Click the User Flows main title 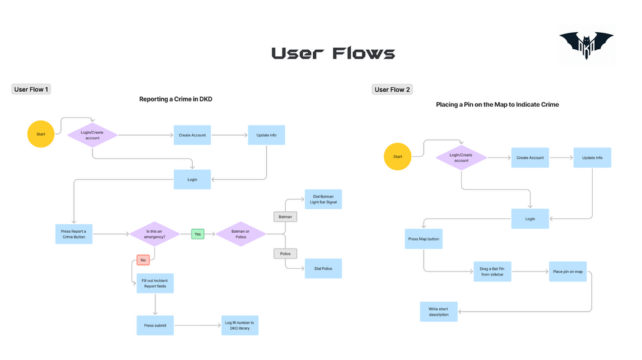point(333,54)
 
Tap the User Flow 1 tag point(31,89)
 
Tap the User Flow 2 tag point(392,89)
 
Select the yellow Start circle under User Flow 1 point(41,134)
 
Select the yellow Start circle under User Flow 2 point(397,157)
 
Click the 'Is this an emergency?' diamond point(155,233)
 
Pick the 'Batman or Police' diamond point(241,233)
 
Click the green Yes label point(197,233)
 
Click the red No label point(143,260)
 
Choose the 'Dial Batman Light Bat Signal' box point(323,199)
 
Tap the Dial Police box point(323,268)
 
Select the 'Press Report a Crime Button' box point(73,233)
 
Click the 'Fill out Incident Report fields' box point(155,283)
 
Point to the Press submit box point(155,325)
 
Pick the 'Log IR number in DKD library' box point(239,325)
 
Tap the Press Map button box point(424,239)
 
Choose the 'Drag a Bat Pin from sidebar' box point(492,271)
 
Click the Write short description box point(439,311)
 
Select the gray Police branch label point(285,253)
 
